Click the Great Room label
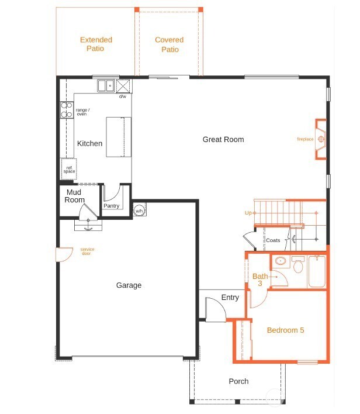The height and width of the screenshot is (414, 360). (x=223, y=139)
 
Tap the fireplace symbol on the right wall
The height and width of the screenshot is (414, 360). (x=321, y=139)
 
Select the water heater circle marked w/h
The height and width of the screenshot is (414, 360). (x=139, y=211)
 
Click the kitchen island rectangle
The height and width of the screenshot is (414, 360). (x=119, y=137)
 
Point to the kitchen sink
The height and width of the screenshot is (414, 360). (x=106, y=85)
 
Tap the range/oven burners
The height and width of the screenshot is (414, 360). (x=67, y=109)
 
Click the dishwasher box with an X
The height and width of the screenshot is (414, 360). (x=123, y=86)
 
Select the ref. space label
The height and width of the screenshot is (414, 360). (x=69, y=170)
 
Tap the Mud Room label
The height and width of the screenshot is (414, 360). (x=74, y=196)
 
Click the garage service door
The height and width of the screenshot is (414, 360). (x=64, y=254)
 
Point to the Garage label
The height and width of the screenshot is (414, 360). (x=129, y=285)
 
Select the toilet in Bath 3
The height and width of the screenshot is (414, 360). (x=298, y=264)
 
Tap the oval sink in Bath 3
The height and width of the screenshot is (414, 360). (x=281, y=261)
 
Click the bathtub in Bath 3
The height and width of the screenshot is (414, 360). (x=317, y=271)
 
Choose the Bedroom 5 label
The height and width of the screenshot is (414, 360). (x=285, y=330)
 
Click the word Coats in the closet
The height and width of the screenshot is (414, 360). (x=273, y=240)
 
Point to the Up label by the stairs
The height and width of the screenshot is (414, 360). (x=248, y=213)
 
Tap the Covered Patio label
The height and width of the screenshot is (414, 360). (x=169, y=44)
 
